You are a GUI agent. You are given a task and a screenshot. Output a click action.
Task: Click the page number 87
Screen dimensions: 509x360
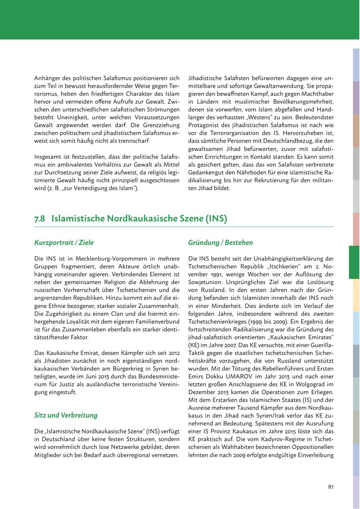(330, 487)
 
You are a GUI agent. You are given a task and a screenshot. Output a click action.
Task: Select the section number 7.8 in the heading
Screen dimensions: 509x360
(40, 218)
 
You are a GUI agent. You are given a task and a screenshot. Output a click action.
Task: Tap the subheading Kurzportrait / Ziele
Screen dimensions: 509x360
(64, 242)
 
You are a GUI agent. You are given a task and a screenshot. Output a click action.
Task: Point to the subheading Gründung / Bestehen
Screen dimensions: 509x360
(220, 242)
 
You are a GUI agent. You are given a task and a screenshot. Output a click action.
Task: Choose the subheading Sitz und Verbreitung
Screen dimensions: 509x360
(66, 415)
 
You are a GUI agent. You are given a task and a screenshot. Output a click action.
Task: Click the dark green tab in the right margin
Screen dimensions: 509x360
(354, 262)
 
